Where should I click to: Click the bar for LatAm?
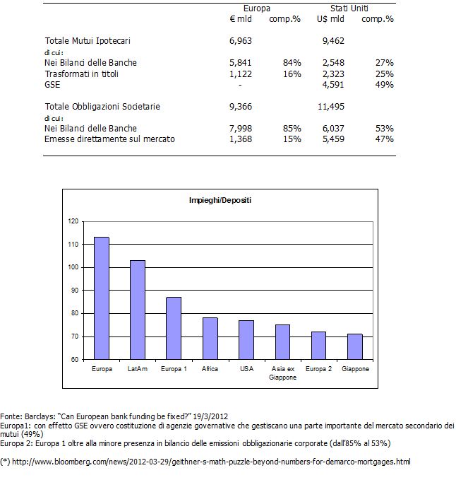138,310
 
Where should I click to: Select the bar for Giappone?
355,346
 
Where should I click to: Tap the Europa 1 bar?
174,328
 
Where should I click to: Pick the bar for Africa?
210,339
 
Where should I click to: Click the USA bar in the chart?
246,340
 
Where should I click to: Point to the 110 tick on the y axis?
73,245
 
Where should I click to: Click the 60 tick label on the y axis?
75,359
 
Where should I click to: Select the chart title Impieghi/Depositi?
220,201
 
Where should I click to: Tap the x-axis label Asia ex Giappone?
283,373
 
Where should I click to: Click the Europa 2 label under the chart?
318,369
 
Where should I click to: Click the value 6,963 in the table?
241,41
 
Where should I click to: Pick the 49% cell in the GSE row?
385,85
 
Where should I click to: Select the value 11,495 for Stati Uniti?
331,107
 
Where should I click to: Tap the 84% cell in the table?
292,63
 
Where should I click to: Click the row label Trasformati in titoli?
82,74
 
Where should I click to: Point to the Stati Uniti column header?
349,8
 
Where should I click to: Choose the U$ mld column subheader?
330,19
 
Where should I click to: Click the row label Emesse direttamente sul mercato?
109,139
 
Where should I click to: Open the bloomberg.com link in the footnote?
211,462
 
